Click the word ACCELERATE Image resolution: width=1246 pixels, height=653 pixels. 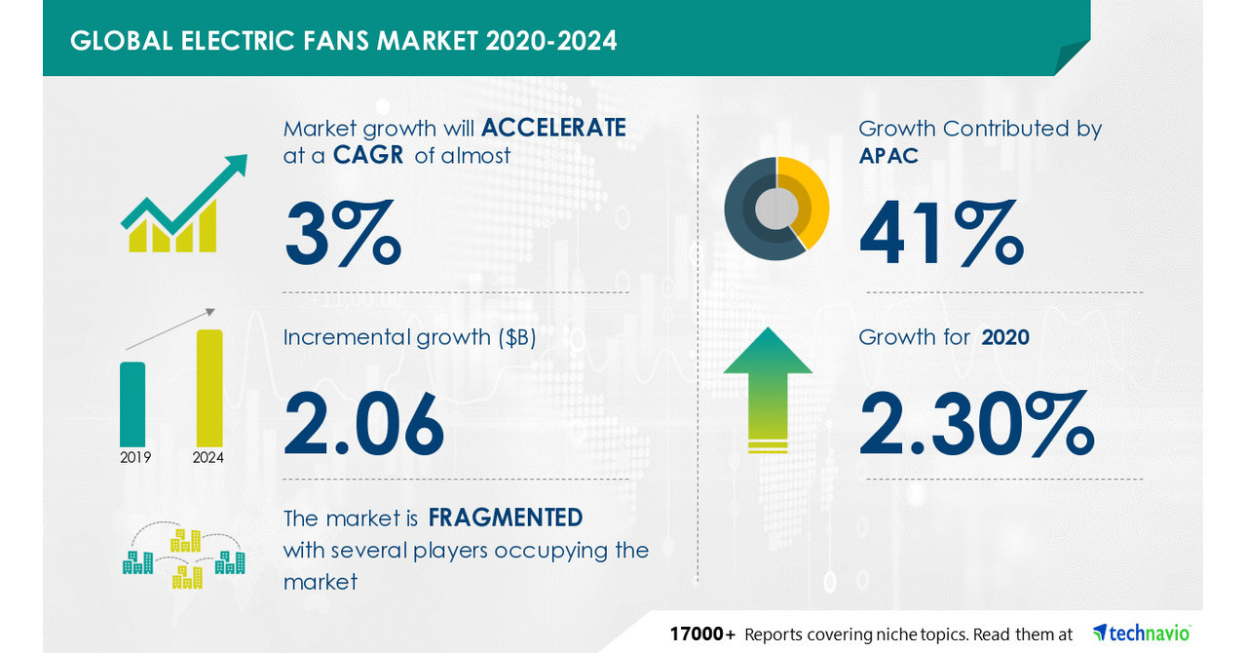(553, 128)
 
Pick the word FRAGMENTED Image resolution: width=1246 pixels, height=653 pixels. (506, 517)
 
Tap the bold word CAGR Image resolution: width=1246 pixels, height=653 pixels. (368, 155)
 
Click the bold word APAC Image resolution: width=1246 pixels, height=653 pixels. (888, 155)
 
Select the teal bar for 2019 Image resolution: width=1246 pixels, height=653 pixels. (132, 403)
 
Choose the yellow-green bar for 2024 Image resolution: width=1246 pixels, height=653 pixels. (209, 387)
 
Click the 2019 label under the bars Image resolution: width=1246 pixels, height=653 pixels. (135, 456)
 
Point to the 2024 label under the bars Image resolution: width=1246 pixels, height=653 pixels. (208, 456)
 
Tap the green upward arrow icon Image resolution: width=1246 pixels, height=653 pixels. (768, 388)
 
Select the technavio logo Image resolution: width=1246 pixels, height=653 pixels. (1142, 633)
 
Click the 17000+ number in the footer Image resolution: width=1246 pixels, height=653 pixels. (702, 634)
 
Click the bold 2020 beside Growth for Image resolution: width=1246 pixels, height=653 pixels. (1005, 337)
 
